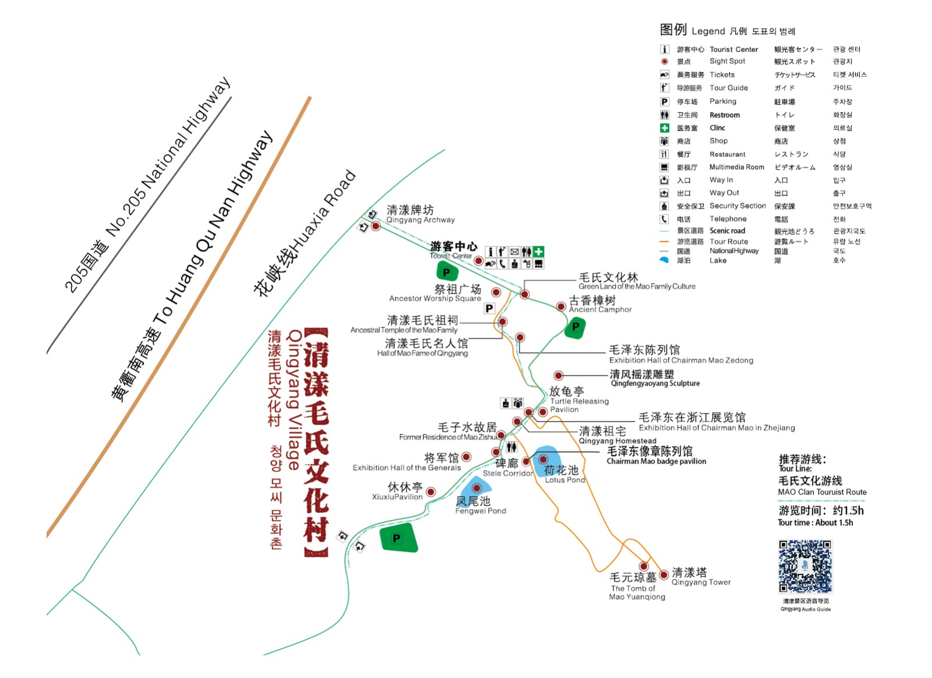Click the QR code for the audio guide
[805, 566]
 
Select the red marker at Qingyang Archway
[376, 226]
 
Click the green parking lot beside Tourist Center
[447, 271]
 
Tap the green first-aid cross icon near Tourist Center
[539, 252]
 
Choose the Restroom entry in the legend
[724, 115]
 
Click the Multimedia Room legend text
[736, 167]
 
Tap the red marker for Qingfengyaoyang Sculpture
[559, 376]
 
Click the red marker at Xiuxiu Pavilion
[431, 492]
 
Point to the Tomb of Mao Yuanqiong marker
[644, 566]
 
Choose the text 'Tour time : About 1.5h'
[815, 522]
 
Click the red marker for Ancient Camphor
[560, 306]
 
